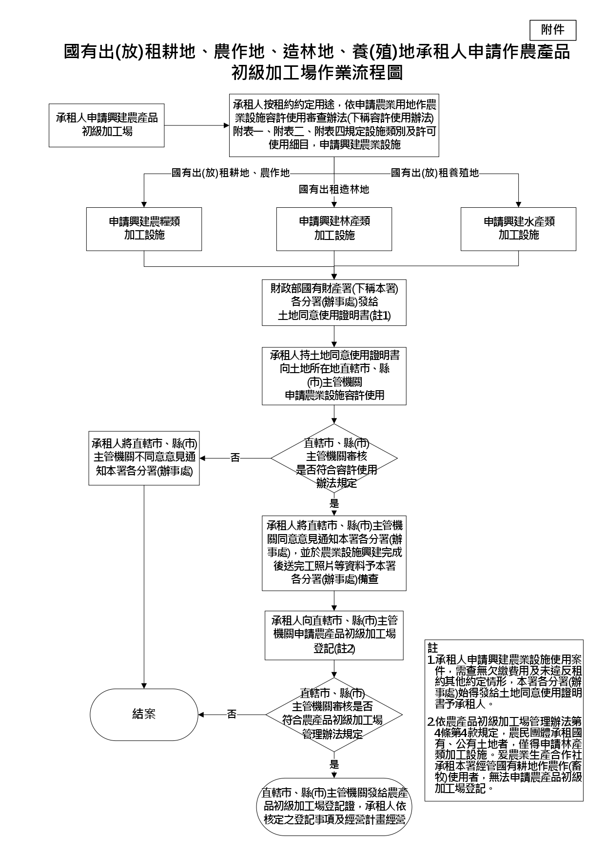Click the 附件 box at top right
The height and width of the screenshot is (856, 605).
552,30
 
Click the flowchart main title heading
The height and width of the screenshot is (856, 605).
317,61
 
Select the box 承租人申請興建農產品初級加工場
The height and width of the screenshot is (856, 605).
106,125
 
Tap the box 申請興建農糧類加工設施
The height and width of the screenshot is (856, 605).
144,229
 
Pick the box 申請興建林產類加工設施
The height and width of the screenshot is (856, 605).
334,229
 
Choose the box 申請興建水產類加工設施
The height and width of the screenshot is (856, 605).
518,229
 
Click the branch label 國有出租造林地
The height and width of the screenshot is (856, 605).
334,189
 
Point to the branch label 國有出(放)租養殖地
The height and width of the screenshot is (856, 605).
435,173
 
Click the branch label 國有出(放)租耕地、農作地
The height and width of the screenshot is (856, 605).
231,173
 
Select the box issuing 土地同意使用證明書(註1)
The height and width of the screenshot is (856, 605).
334,302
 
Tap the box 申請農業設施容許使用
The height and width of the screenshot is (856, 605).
334,376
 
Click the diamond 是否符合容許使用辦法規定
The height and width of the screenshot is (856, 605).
334,458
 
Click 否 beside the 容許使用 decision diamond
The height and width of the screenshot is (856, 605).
235,458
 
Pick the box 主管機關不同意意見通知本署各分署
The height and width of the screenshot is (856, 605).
144,458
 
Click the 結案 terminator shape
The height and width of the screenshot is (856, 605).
144,715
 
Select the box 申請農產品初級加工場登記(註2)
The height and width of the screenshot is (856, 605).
334,635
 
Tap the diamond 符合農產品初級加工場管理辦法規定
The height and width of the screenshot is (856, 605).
334,715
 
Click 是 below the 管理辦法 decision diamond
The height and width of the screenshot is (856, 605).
334,764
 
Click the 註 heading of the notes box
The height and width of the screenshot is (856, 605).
432,648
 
